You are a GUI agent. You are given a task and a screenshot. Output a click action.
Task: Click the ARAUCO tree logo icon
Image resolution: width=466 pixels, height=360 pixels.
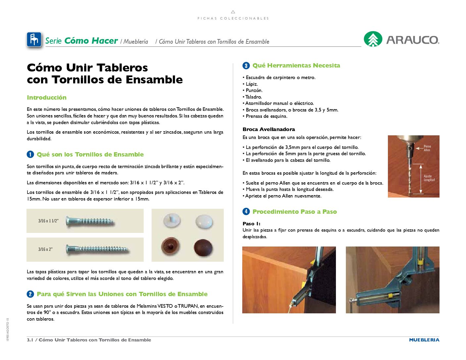click(373, 39)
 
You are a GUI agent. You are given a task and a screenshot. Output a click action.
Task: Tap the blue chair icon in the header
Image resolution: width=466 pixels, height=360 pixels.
click(34, 40)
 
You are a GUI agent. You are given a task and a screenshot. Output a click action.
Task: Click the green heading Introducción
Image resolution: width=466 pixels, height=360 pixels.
click(47, 98)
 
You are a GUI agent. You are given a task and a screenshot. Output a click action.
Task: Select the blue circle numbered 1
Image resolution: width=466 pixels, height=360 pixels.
click(30, 155)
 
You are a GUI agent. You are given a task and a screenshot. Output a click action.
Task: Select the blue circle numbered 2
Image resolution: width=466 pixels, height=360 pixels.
click(30, 294)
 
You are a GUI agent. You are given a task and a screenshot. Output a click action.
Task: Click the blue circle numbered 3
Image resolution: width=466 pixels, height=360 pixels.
click(246, 66)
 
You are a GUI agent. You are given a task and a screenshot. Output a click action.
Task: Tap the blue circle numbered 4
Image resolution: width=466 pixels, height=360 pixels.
click(246, 211)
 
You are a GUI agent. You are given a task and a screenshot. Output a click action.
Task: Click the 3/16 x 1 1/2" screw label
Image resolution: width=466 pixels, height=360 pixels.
click(48, 221)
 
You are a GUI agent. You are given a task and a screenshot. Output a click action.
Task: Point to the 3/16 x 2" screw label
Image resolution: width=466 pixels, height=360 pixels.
click(45, 249)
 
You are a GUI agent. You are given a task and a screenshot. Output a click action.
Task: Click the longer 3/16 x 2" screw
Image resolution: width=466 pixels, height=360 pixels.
click(98, 249)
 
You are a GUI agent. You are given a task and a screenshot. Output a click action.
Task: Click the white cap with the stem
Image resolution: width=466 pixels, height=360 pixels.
click(172, 221)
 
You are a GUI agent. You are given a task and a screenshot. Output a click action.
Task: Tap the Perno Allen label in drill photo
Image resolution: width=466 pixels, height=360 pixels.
click(427, 148)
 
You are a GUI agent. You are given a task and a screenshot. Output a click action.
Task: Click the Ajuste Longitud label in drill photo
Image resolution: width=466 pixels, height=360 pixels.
click(429, 178)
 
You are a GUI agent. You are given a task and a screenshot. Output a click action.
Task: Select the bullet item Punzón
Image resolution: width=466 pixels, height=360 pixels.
click(254, 90)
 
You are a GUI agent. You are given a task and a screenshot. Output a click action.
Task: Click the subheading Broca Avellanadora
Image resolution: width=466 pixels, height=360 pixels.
click(269, 129)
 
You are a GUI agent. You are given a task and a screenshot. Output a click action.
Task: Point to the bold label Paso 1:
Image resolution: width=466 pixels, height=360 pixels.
click(252, 224)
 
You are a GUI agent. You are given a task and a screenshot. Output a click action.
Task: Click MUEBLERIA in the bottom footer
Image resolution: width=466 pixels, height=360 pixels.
click(424, 340)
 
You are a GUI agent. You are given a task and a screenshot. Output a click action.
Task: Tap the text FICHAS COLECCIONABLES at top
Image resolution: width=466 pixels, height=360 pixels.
click(233, 19)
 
